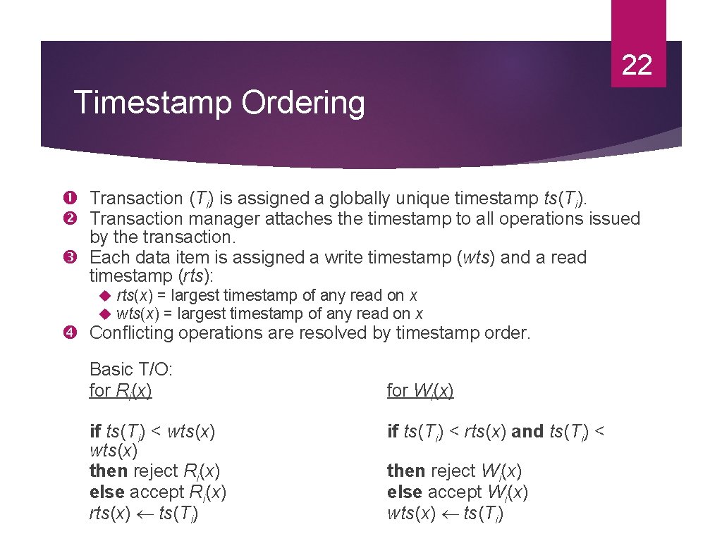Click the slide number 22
point(637,66)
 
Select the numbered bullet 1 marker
point(78,199)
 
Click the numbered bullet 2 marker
point(78,219)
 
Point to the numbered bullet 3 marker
point(78,258)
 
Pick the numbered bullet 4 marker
point(78,333)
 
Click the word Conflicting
point(132,333)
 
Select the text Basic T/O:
point(131,369)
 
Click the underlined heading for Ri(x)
point(121,390)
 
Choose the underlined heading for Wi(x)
point(420,390)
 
